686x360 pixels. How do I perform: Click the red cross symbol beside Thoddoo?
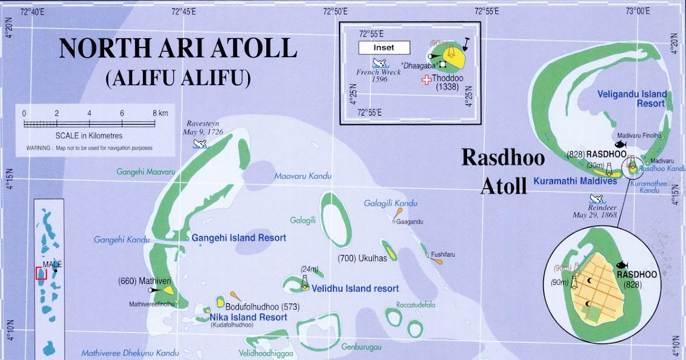(426, 80)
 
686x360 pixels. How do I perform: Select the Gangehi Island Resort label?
(239, 238)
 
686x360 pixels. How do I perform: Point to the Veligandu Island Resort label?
(632, 98)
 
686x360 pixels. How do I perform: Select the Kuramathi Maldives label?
(575, 181)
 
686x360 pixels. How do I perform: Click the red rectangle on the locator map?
(40, 273)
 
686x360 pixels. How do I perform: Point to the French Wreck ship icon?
(378, 63)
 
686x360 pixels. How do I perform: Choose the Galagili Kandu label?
(391, 203)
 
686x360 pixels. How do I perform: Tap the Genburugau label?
(361, 346)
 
